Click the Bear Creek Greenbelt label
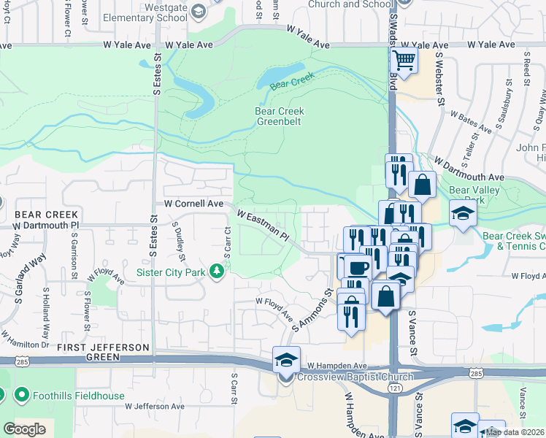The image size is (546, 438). pos(279,117)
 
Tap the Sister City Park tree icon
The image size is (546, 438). pos(216,272)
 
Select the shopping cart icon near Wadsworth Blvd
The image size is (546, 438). pos(404,60)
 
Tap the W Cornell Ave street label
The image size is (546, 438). pos(193,205)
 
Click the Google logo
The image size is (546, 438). pos(24,429)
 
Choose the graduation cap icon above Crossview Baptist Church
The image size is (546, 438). pos(285,359)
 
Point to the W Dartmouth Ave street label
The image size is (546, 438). pos(469,169)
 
